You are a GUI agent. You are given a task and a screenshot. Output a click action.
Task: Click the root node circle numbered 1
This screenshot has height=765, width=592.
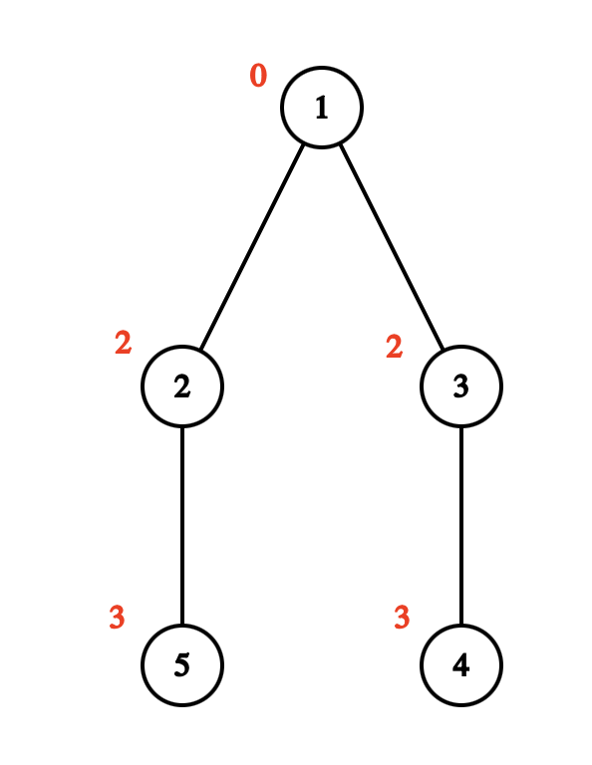point(321,108)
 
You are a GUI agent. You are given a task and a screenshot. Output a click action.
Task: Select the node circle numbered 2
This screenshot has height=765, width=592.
point(181,386)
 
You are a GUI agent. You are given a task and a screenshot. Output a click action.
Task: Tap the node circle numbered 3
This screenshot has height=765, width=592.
point(460,386)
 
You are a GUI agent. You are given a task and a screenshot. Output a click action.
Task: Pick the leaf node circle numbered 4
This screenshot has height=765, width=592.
point(460,664)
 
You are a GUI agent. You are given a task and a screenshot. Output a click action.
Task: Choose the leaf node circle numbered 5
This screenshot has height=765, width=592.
point(181,664)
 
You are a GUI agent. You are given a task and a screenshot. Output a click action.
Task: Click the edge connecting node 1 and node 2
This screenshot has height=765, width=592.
point(251,247)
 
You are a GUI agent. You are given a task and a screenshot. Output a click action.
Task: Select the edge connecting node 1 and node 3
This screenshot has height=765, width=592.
point(391,247)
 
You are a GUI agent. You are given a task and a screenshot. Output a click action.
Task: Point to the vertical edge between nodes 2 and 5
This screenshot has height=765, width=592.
point(181,525)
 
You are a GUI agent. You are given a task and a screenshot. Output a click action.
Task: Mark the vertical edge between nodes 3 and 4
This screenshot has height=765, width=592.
point(460,525)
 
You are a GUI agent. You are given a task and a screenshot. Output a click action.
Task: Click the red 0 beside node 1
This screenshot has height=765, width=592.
point(258,76)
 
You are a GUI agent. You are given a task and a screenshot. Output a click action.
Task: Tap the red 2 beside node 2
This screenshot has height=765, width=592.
point(123,344)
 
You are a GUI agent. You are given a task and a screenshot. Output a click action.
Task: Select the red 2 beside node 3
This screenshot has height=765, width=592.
point(394,347)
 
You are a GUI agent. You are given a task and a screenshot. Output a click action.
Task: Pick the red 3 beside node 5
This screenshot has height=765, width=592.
point(117,618)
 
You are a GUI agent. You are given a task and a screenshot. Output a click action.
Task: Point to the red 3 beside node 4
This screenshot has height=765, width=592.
point(402,618)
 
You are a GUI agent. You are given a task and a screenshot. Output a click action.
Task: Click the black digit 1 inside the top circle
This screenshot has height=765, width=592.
point(321,109)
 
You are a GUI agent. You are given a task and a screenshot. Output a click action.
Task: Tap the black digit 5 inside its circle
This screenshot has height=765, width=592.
point(181,665)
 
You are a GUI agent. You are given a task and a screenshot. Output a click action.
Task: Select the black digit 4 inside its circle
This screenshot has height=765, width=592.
point(460,665)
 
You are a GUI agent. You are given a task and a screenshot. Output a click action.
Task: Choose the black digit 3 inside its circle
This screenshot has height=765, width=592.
point(460,387)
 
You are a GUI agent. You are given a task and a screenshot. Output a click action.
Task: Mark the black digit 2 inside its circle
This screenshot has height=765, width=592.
point(181,387)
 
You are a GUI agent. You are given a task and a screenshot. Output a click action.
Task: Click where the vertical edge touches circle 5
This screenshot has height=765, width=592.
point(181,626)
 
